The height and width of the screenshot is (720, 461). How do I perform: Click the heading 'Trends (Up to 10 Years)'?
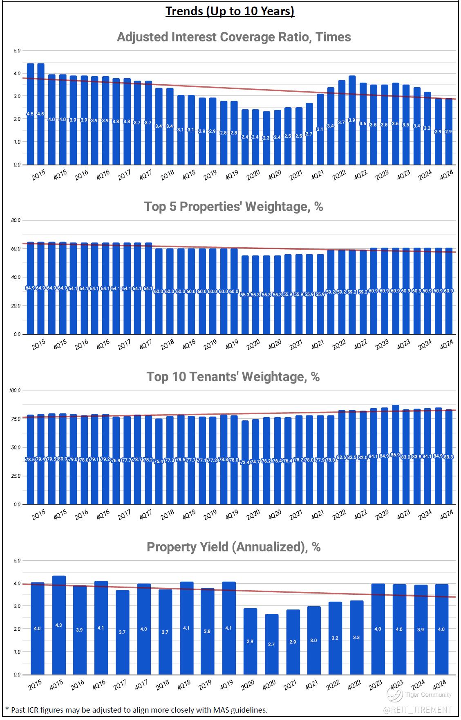(230, 11)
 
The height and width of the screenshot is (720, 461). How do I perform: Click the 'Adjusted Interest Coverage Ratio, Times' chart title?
(234, 37)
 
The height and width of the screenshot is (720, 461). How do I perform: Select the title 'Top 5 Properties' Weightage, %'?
(233, 206)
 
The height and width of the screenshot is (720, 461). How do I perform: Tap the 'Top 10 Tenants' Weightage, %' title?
(233, 377)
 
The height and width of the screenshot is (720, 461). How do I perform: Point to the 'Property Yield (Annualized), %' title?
(233, 547)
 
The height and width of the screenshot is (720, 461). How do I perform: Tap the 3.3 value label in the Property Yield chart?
(356, 637)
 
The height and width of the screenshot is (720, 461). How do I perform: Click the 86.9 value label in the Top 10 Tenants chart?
(395, 455)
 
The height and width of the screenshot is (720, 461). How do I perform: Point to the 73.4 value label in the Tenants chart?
(245, 462)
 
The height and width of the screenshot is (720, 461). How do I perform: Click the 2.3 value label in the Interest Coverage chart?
(266, 138)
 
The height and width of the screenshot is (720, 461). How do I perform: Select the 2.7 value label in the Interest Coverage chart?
(309, 133)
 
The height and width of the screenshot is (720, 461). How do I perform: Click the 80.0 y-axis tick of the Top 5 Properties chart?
(16, 220)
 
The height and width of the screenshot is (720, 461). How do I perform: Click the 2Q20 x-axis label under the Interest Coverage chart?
(253, 175)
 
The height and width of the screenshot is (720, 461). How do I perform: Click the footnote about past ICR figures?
(137, 710)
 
